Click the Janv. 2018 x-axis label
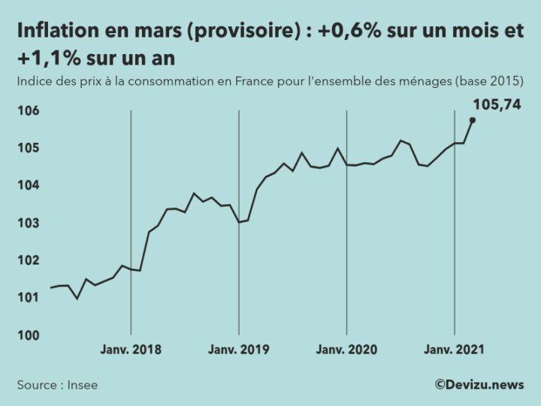pyautogui.click(x=131, y=350)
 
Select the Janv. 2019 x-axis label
pyautogui.click(x=238, y=350)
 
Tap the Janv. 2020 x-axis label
pyautogui.click(x=346, y=350)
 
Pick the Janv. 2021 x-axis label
pyautogui.click(x=454, y=350)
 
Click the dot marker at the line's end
pyautogui.click(x=473, y=120)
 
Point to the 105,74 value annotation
pyautogui.click(x=497, y=105)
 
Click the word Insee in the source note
pyautogui.click(x=83, y=385)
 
